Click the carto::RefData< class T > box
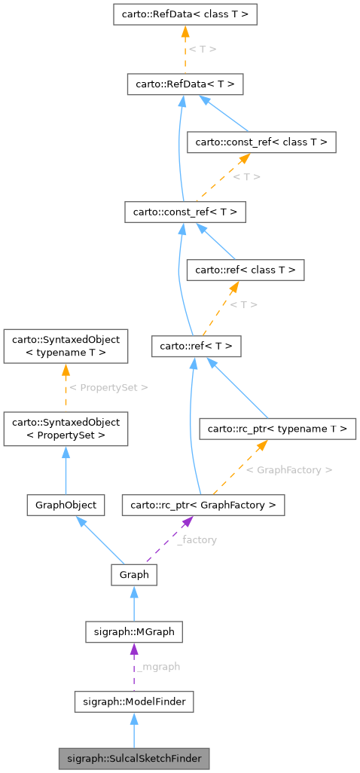click(185, 14)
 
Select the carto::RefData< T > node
click(185, 84)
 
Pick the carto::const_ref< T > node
click(185, 212)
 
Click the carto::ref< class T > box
click(246, 270)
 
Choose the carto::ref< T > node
click(196, 347)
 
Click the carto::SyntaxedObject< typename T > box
click(66, 346)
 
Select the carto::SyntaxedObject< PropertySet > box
click(66, 429)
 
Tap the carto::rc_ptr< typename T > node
click(276, 429)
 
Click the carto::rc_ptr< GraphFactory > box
click(203, 504)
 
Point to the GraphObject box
click(66, 504)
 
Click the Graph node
click(134, 575)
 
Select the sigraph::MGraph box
click(134, 631)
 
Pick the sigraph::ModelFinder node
click(134, 702)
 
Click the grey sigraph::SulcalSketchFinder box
click(134, 758)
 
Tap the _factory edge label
click(197, 540)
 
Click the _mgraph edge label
click(158, 667)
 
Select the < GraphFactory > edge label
click(289, 469)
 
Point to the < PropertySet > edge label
click(108, 387)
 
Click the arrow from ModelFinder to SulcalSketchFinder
click(134, 730)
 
